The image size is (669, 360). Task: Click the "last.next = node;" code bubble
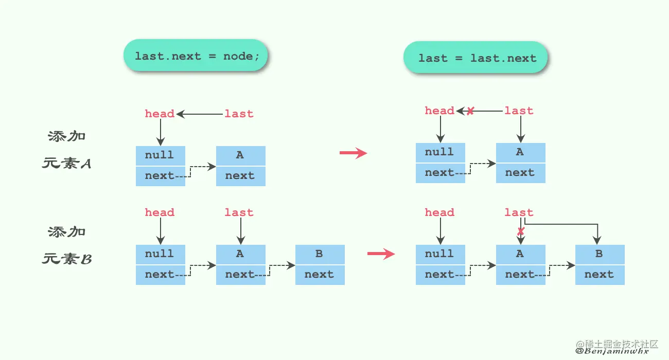pyautogui.click(x=196, y=56)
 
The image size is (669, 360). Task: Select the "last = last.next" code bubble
pyautogui.click(x=476, y=58)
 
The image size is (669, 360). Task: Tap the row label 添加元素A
pyautogui.click(x=67, y=150)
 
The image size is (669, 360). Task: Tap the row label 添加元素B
pyautogui.click(x=67, y=245)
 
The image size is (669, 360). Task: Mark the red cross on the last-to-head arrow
pyautogui.click(x=470, y=111)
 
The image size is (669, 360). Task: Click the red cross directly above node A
pyautogui.click(x=520, y=232)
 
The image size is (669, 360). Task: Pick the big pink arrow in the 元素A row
pyautogui.click(x=353, y=153)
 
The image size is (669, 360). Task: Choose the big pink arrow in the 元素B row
pyautogui.click(x=381, y=254)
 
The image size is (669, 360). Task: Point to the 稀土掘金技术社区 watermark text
pyautogui.click(x=623, y=343)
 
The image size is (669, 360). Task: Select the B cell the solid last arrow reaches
pyautogui.click(x=600, y=254)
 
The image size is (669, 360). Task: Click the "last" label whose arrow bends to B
pyautogui.click(x=519, y=212)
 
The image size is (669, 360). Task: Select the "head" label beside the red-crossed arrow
pyautogui.click(x=439, y=111)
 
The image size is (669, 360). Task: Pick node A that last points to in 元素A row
pyautogui.click(x=520, y=152)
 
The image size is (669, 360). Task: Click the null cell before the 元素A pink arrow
pyautogui.click(x=160, y=155)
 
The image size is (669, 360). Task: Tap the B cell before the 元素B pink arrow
pyautogui.click(x=320, y=254)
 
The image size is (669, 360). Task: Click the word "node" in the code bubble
pyautogui.click(x=238, y=56)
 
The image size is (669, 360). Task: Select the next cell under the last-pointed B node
pyautogui.click(x=600, y=275)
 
